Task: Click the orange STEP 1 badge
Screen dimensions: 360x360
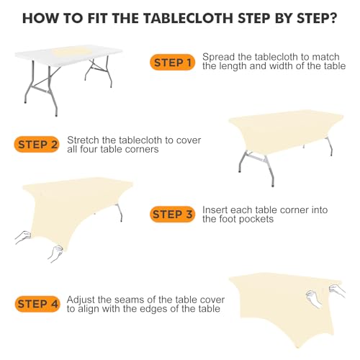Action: (172, 63)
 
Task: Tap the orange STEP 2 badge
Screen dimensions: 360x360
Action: (37, 145)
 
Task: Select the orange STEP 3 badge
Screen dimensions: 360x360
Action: (172, 214)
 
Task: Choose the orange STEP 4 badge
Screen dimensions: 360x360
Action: (37, 304)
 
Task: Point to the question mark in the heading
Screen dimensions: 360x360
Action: (333, 18)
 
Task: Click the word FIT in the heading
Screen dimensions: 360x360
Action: (98, 18)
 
